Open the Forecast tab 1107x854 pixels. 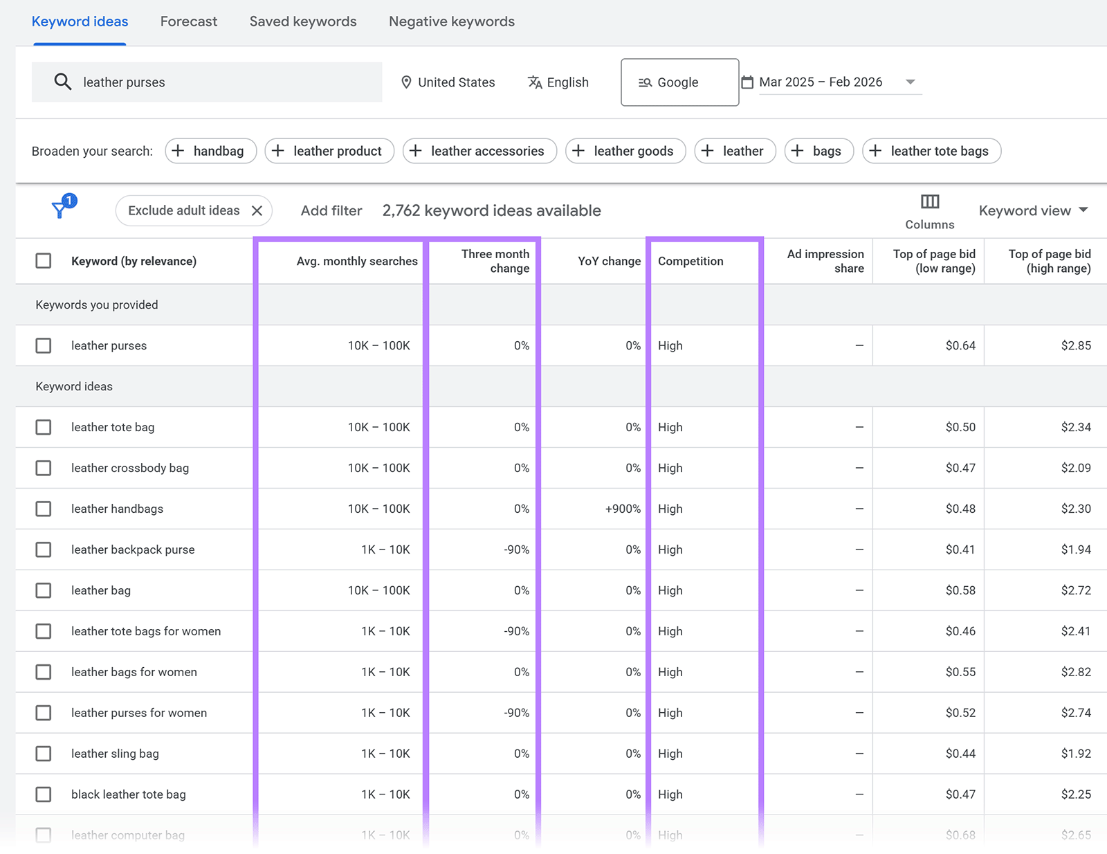[x=188, y=21]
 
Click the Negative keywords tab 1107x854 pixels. [x=451, y=21]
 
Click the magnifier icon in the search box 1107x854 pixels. [x=62, y=82]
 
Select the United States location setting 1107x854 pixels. [x=448, y=82]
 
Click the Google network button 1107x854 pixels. [x=679, y=82]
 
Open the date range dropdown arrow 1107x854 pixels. [x=911, y=82]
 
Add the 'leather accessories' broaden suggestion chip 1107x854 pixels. [x=479, y=151]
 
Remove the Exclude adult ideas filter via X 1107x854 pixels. [x=257, y=210]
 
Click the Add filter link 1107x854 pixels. [x=331, y=210]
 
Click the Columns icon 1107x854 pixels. [x=929, y=202]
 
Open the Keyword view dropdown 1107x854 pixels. [x=1033, y=210]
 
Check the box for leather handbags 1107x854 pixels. [x=44, y=509]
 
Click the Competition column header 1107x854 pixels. [x=690, y=261]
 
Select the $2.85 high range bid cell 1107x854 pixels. [x=1075, y=345]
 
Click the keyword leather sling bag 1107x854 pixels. [x=115, y=754]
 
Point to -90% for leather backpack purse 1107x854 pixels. [x=516, y=549]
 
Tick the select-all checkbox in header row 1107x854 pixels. [x=44, y=261]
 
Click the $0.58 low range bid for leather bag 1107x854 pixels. [x=960, y=590]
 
